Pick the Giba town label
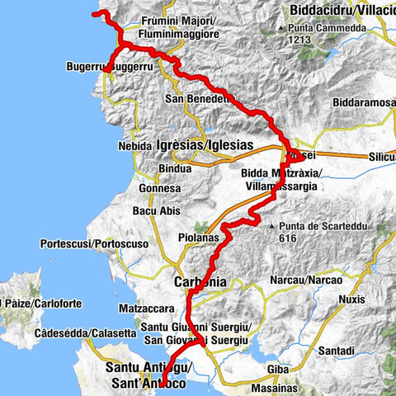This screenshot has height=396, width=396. click(279, 369)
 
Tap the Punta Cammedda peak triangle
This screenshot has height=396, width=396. click(283, 27)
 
